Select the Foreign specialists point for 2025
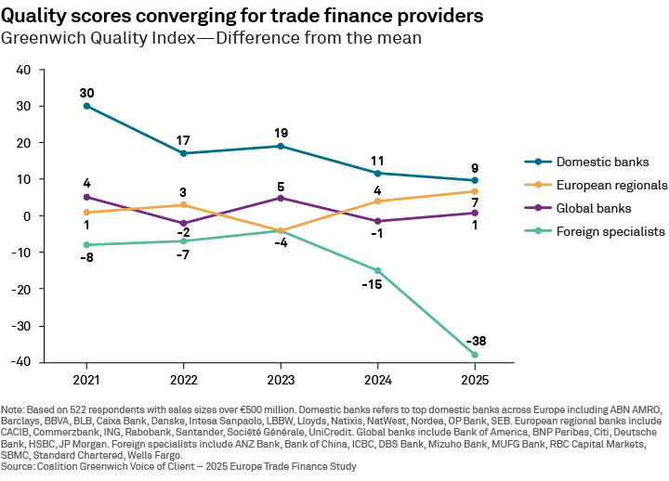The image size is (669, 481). click(474, 355)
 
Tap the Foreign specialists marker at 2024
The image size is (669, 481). click(377, 270)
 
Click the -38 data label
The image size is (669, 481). click(474, 339)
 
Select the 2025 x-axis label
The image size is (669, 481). click(474, 381)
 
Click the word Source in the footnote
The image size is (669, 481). click(19, 467)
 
